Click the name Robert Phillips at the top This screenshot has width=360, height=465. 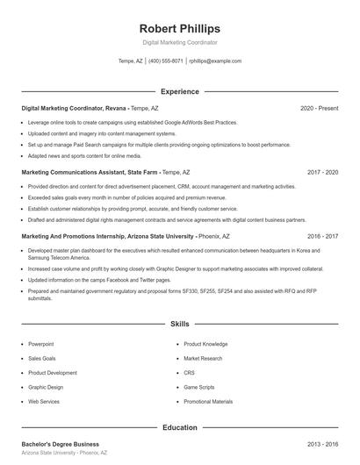coord(179,29)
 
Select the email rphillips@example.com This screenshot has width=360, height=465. coord(215,61)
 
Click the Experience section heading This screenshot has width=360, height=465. coord(179,91)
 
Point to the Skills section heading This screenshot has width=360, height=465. coord(179,325)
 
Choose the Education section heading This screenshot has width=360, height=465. coord(179,428)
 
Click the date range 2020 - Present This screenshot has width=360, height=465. coord(319,108)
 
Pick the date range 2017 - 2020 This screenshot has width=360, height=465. coord(322,173)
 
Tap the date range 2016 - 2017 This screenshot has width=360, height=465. coord(322,237)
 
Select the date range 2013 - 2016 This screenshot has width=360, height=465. coord(322,445)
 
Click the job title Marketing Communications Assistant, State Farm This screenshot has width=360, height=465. coord(90,173)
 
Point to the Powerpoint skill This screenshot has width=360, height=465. coord(41,344)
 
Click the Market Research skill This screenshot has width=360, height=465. coord(203,358)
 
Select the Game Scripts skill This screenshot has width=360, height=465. coord(199,387)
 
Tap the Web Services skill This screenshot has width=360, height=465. coord(44,401)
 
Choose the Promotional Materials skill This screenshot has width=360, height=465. coord(208,401)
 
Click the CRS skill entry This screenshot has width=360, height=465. coord(190,372)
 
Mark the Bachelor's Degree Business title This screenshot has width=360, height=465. coord(61,445)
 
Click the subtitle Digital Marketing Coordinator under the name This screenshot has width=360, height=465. coord(179,42)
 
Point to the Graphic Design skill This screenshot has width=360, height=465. coord(46,387)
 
